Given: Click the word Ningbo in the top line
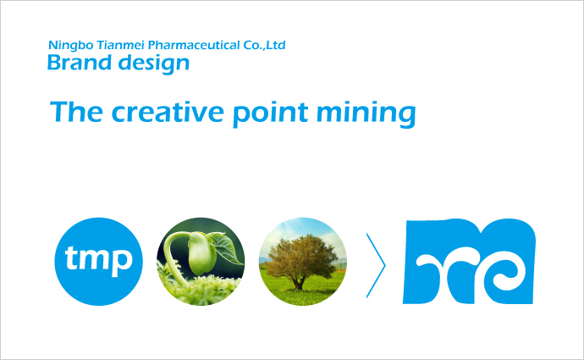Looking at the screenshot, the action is click(x=71, y=46).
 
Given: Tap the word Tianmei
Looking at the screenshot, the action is click(x=120, y=45).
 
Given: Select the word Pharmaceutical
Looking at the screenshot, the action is click(x=194, y=45).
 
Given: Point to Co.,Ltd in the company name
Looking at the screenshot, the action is click(x=264, y=45).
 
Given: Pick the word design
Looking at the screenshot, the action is click(x=154, y=64).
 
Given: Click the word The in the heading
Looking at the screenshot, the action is click(x=76, y=112).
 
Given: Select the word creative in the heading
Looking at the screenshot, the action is click(x=168, y=112).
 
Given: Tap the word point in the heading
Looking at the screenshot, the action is click(x=271, y=114).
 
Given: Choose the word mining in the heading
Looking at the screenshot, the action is click(x=366, y=114).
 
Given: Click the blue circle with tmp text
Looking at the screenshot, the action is click(x=99, y=262).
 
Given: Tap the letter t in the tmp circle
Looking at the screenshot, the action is click(x=71, y=258).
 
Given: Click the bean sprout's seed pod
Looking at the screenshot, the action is click(x=201, y=253).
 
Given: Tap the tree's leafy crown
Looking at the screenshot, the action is click(x=301, y=258).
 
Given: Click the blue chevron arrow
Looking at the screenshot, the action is click(x=376, y=265).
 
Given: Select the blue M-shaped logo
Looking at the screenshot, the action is click(x=469, y=261).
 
